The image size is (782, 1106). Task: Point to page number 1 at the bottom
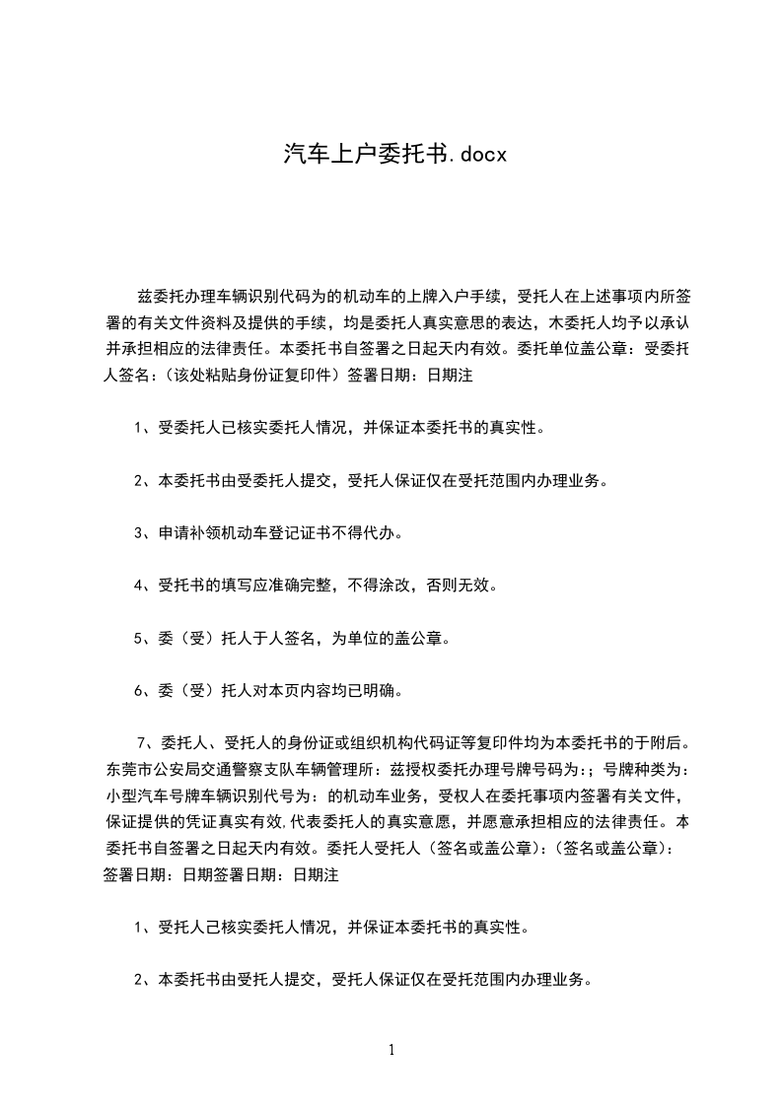coord(391,1050)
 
